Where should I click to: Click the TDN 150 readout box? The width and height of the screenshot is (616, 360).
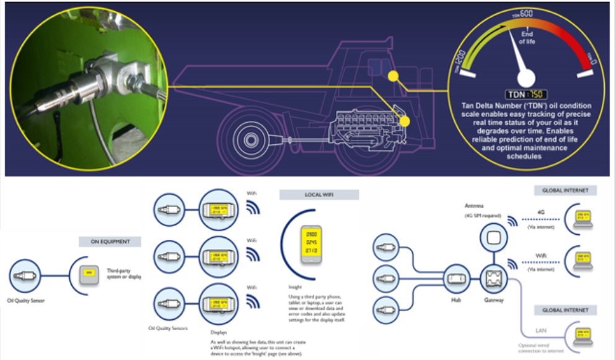tap(525, 94)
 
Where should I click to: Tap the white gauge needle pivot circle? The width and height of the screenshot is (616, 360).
tap(526, 77)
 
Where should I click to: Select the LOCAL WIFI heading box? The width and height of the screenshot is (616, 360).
tap(319, 195)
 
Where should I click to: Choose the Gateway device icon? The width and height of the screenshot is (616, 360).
tap(493, 279)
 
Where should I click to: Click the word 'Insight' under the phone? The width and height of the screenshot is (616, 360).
tap(295, 288)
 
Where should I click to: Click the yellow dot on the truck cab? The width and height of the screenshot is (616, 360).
tap(392, 76)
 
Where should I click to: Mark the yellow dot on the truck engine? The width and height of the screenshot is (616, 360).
tap(403, 121)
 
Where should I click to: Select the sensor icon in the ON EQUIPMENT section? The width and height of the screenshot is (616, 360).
tap(25, 274)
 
